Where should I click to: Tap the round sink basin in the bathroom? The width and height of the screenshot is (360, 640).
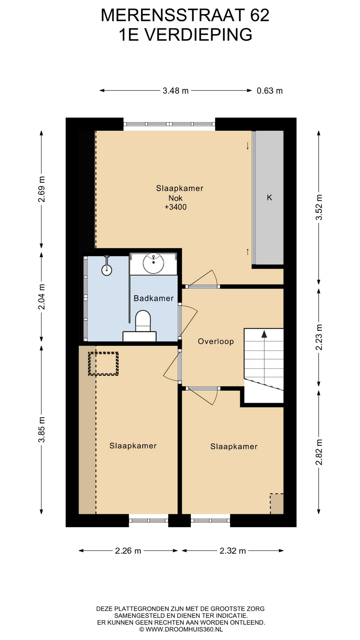(153, 263)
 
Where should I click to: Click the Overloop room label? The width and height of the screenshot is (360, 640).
(216, 341)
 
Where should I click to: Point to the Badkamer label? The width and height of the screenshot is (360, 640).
(154, 298)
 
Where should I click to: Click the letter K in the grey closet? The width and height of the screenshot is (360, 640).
(269, 198)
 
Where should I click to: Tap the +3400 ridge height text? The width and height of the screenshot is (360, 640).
(176, 207)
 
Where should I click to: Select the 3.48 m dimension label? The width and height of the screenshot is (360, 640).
(176, 91)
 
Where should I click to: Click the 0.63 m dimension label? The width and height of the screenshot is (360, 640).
(270, 91)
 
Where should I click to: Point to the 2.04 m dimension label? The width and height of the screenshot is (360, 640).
(41, 297)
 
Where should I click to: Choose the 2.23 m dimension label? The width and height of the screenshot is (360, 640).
(319, 337)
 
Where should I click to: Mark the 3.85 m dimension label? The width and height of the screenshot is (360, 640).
(41, 430)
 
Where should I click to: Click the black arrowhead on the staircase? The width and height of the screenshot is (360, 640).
(264, 334)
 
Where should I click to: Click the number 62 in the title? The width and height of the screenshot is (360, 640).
(260, 15)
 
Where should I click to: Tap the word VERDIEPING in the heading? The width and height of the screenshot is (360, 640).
(198, 35)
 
